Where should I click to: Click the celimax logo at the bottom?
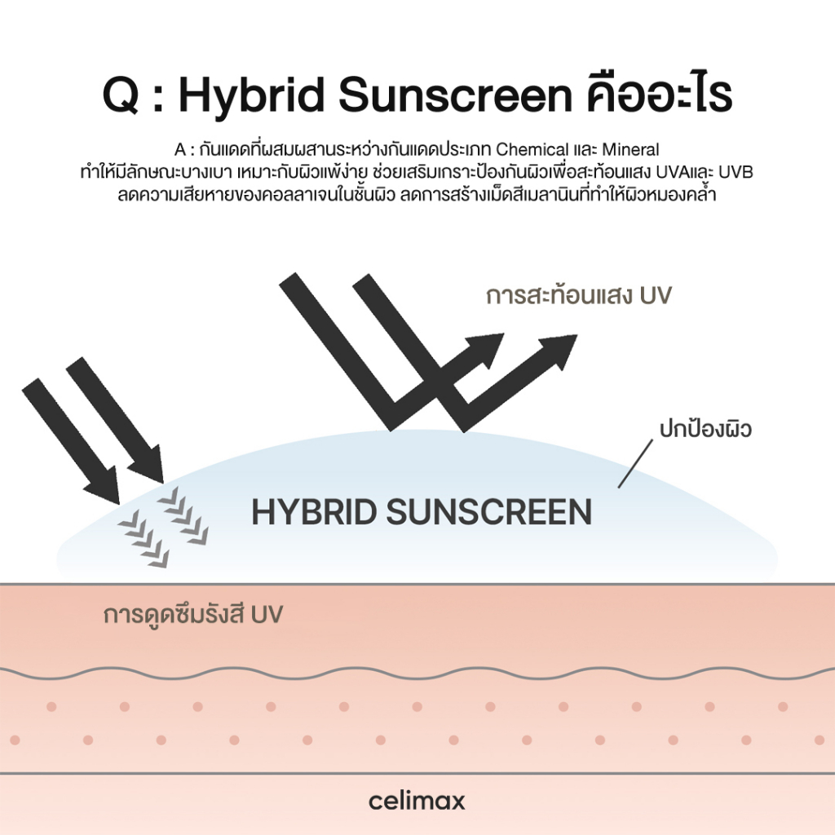417,801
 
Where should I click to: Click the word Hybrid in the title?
251,96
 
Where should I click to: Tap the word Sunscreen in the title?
455,96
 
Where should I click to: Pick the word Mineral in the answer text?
630,149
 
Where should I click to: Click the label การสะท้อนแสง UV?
579,294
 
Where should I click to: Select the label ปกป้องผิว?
705,428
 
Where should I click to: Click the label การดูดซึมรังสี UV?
192,614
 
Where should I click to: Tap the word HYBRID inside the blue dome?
314,512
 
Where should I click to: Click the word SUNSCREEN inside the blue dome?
489,512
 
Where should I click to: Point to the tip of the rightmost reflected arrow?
577,335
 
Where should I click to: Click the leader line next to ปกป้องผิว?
634,464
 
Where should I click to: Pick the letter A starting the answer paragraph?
180,150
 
